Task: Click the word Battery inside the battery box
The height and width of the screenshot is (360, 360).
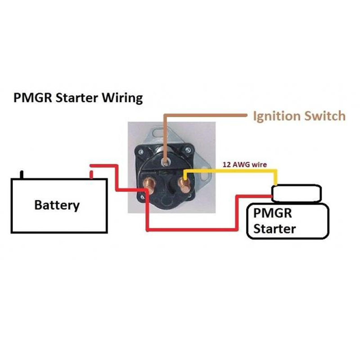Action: click(57, 205)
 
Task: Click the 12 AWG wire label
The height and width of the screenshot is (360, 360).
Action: click(245, 165)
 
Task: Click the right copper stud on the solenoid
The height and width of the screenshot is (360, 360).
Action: click(184, 184)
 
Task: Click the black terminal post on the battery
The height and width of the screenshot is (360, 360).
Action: click(21, 174)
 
